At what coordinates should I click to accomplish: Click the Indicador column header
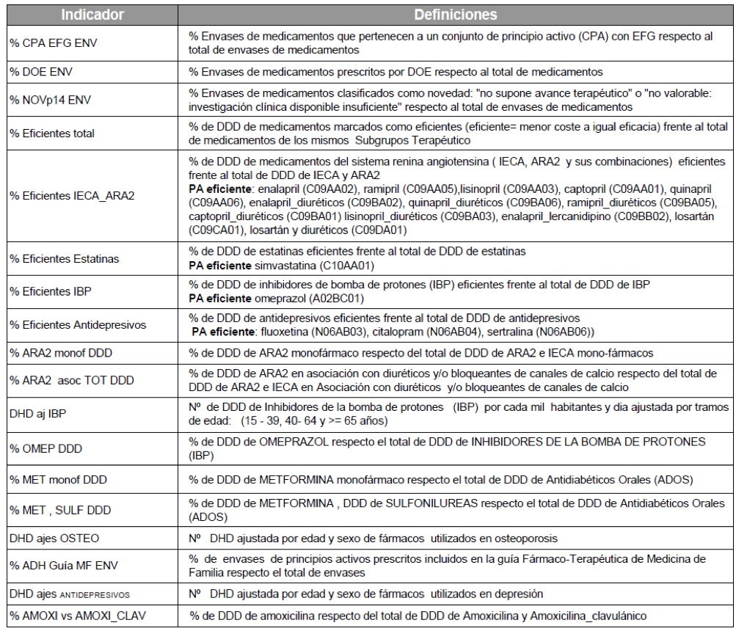(92, 14)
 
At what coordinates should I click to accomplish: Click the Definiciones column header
(455, 14)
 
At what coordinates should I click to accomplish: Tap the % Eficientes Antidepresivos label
(76, 324)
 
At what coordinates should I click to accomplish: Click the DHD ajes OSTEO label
(53, 538)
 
